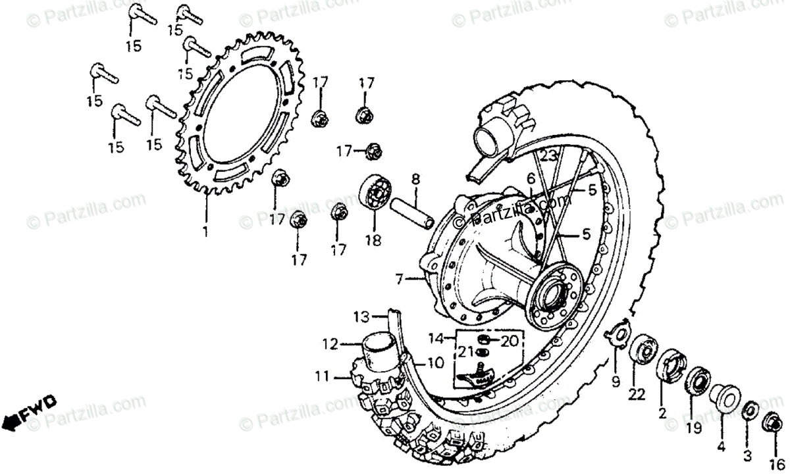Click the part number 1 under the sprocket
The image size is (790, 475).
205,232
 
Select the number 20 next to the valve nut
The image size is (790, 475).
510,341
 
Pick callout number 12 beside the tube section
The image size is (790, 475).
330,343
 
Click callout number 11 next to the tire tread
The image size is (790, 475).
321,377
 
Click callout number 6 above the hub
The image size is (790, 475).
530,178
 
